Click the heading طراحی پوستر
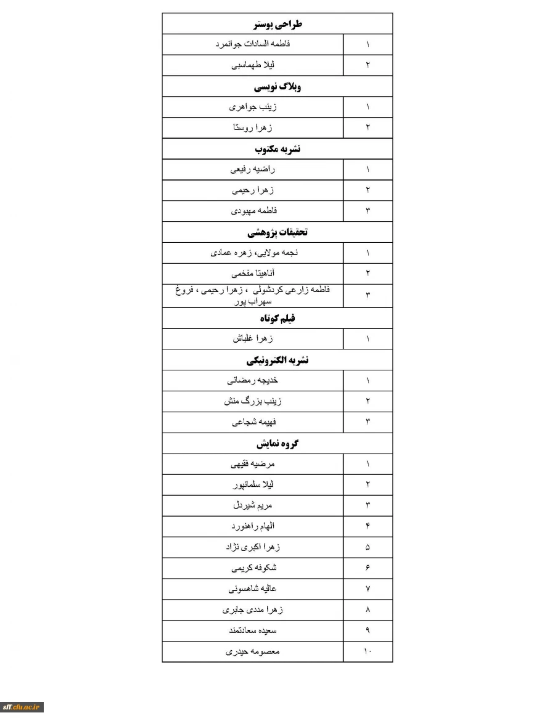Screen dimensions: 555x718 (x=277, y=25)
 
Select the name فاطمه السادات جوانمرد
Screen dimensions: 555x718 (x=253, y=44)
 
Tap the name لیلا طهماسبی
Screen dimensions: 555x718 (x=253, y=65)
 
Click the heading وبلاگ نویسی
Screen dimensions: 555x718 (x=277, y=86)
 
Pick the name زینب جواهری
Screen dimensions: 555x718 (x=253, y=107)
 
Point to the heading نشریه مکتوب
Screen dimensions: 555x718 (x=277, y=149)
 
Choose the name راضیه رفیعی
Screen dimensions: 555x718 (x=253, y=169)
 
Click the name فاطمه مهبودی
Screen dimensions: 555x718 (x=253, y=211)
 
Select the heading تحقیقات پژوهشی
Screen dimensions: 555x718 (x=277, y=232)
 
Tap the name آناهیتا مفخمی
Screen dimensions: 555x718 (x=253, y=273)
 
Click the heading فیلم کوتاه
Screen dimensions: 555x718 (x=277, y=318)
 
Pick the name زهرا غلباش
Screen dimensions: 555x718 (x=253, y=339)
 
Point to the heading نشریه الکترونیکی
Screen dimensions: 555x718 (x=277, y=361)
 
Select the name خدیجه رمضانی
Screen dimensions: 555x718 (x=253, y=380)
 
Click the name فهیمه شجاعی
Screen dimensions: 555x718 (x=253, y=422)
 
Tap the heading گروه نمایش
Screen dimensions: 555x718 (x=277, y=444)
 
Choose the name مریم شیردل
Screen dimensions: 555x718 (x=253, y=505)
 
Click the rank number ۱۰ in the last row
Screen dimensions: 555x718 (x=368, y=651)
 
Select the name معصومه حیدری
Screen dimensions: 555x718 (x=253, y=651)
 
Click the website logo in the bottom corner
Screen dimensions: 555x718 (x=22, y=707)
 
